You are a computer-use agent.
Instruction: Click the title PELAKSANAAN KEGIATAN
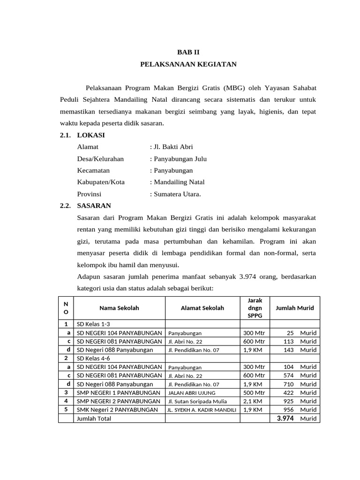188,64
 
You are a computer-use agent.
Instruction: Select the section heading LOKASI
91,135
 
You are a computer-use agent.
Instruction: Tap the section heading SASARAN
94,206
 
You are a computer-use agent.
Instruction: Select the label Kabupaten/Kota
101,182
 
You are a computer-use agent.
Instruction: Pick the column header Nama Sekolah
119,308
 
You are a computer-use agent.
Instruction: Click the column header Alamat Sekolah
202,308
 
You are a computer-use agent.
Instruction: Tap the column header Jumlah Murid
295,308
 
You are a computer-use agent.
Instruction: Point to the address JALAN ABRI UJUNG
192,393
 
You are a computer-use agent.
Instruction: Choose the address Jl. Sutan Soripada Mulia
197,401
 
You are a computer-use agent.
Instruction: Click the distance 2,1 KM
252,401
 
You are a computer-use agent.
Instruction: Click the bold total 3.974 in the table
285,418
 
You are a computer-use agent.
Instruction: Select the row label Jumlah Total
94,418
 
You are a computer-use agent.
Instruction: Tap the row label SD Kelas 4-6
93,358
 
